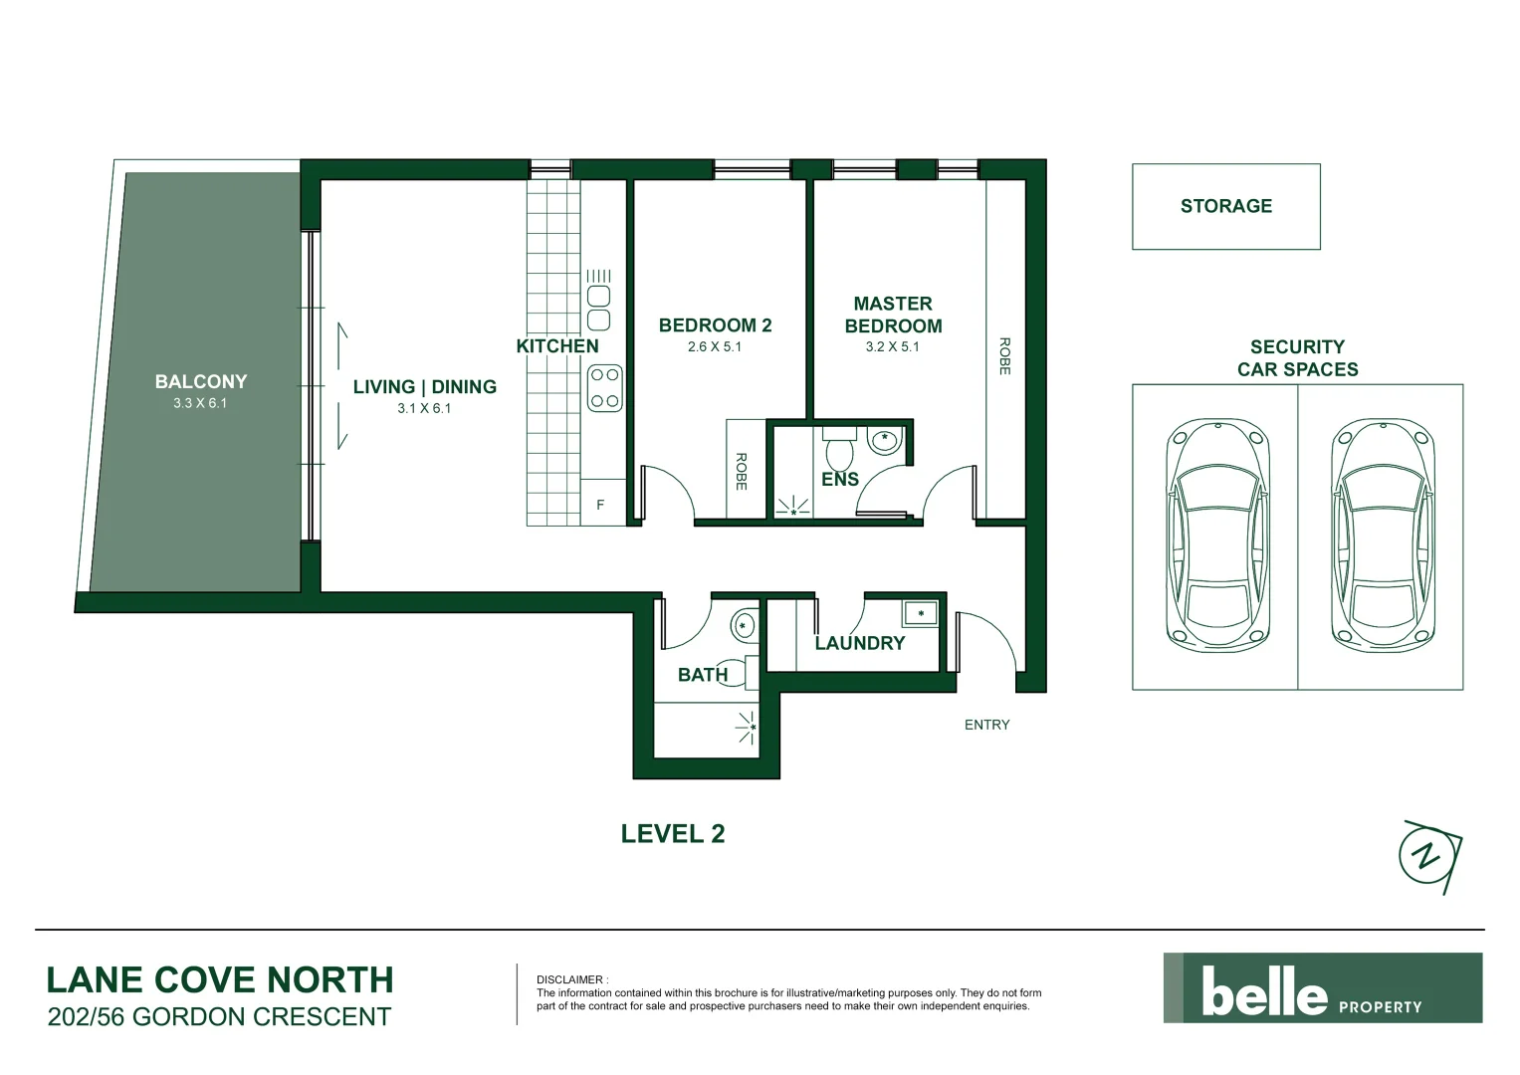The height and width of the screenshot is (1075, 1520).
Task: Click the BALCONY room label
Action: click(x=200, y=381)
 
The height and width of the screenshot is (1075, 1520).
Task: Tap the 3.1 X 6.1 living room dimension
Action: click(x=424, y=408)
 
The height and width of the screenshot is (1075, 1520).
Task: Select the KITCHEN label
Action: click(x=557, y=346)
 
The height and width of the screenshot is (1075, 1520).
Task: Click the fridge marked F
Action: click(x=600, y=505)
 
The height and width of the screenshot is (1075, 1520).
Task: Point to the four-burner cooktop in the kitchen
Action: click(x=604, y=388)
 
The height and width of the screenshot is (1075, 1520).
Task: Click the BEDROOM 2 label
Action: click(x=715, y=325)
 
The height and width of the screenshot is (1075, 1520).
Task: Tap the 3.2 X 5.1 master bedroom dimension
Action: click(x=892, y=347)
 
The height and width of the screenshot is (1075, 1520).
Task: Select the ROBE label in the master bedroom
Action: click(x=1004, y=355)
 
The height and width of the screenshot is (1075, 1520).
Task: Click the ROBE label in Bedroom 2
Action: click(x=741, y=471)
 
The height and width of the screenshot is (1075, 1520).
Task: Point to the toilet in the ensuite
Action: click(x=839, y=449)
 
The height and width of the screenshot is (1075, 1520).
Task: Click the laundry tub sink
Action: click(x=921, y=613)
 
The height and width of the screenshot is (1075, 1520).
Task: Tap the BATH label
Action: click(x=702, y=675)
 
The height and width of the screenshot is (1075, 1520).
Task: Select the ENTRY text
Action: click(x=986, y=725)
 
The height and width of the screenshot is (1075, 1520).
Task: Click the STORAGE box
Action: click(x=1225, y=206)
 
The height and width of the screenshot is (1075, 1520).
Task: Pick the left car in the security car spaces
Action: click(x=1217, y=536)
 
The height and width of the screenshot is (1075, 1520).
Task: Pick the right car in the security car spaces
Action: click(x=1383, y=536)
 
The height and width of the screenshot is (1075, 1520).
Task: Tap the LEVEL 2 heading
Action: click(x=673, y=834)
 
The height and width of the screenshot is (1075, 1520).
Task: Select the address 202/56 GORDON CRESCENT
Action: click(x=219, y=1017)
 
